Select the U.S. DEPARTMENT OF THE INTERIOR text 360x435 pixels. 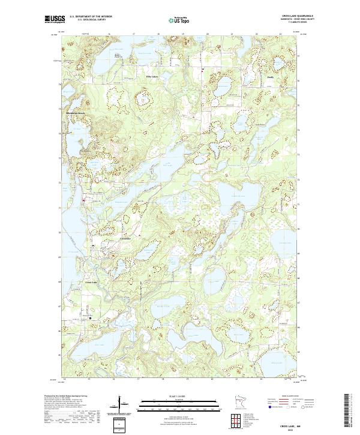pyautogui.click(x=90, y=17)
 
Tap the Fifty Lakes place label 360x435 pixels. pyautogui.click(x=152, y=77)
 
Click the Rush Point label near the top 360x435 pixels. pyautogui.click(x=118, y=56)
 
